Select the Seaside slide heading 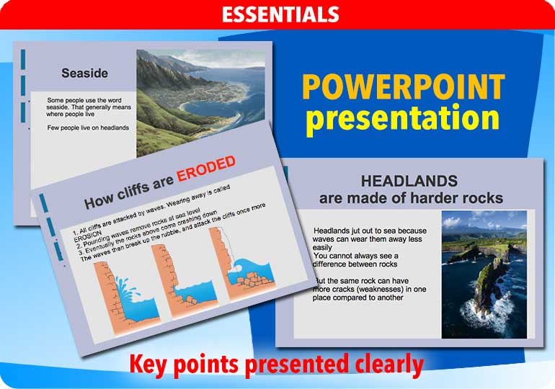[84, 73]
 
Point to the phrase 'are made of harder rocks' [411, 197]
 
